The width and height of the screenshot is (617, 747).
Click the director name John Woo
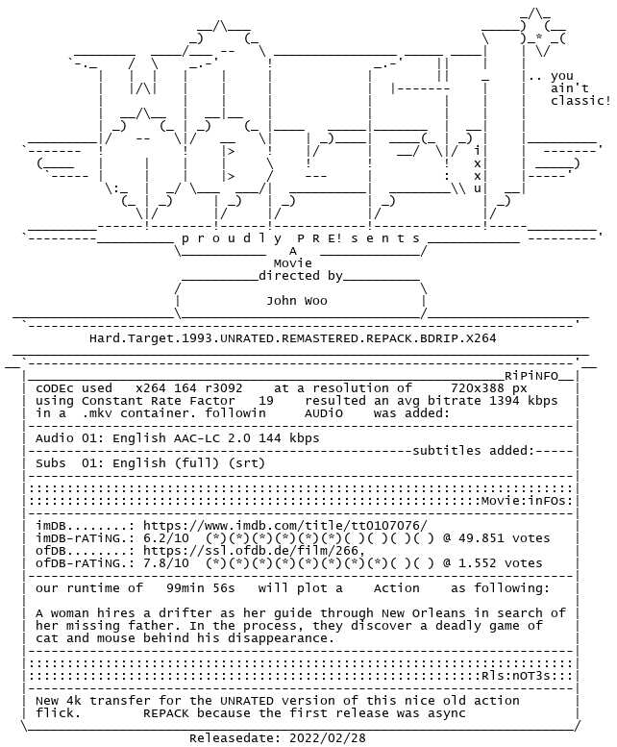click(296, 301)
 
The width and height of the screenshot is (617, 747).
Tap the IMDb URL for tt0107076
click(284, 526)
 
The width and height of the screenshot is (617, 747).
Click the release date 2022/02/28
click(308, 738)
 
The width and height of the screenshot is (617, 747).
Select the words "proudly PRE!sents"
click(300, 237)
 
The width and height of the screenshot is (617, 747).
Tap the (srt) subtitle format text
click(254, 462)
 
